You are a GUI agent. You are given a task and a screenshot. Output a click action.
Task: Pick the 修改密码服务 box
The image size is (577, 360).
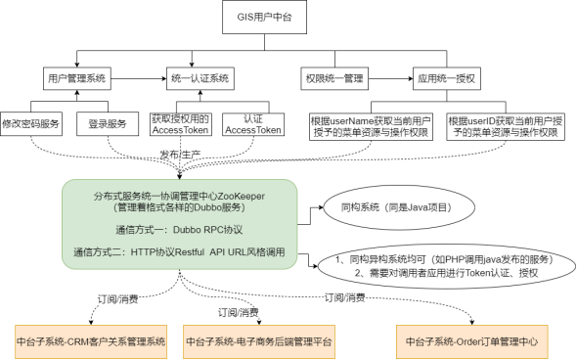(33, 124)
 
